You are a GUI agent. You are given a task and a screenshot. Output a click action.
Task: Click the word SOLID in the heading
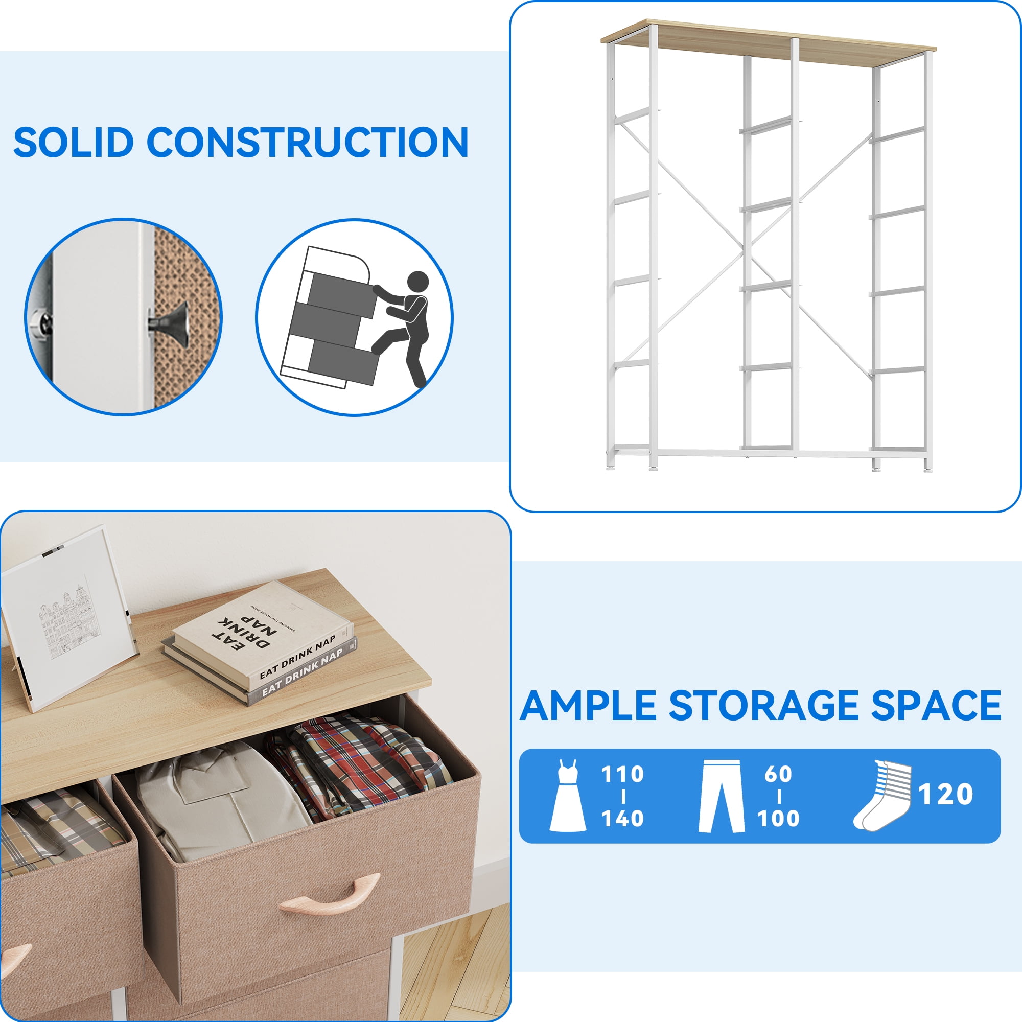click(x=74, y=142)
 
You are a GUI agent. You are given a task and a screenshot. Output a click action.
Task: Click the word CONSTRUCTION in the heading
click(x=307, y=142)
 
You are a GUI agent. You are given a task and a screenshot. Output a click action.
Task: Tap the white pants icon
click(x=721, y=796)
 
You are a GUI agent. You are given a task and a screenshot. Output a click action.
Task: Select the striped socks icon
click(x=882, y=795)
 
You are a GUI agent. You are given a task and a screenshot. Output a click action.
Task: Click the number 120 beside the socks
click(x=946, y=794)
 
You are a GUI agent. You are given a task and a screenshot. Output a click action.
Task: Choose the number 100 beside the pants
click(x=778, y=818)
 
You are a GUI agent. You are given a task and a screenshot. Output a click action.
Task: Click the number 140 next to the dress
click(x=622, y=818)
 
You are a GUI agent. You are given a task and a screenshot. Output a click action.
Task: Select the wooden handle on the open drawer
click(x=330, y=893)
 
